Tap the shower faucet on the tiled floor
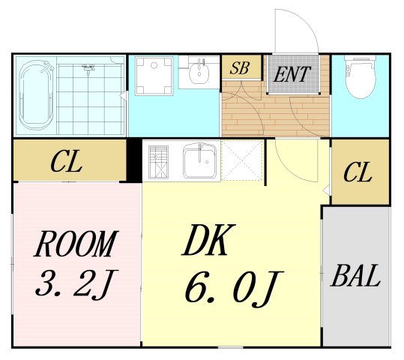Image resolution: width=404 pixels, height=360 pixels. click(x=88, y=70)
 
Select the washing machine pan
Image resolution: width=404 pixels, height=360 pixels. click(x=154, y=76)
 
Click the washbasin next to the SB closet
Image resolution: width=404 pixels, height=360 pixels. click(x=199, y=74)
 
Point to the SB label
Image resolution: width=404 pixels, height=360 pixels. click(x=239, y=68)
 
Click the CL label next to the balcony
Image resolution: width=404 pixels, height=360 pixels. click(x=358, y=173)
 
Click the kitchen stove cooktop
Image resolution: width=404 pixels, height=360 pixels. click(x=159, y=161)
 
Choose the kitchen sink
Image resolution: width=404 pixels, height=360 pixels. click(x=200, y=161)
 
